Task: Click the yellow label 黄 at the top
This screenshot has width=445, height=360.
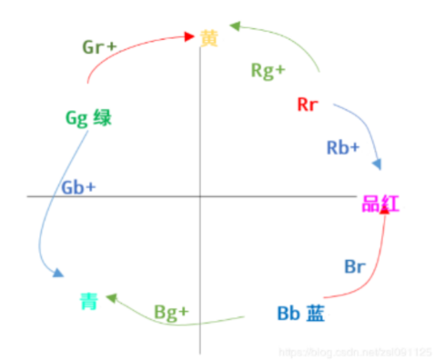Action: pos(209,38)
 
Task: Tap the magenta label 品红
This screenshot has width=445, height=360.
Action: pos(380,205)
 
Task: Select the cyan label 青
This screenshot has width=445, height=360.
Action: pos(87,302)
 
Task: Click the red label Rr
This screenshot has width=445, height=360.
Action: pos(307,104)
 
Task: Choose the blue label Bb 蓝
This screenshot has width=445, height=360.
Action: pos(301,314)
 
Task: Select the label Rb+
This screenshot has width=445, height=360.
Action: pos(342,146)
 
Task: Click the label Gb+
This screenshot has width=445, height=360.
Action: pos(78,186)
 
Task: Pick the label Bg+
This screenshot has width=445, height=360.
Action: pos(171,312)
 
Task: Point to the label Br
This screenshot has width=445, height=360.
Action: pos(354,266)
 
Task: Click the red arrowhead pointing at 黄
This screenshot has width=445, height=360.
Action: pos(188,37)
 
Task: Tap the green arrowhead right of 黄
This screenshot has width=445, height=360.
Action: pos(237,27)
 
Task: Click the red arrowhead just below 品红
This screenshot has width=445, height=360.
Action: pos(385,209)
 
